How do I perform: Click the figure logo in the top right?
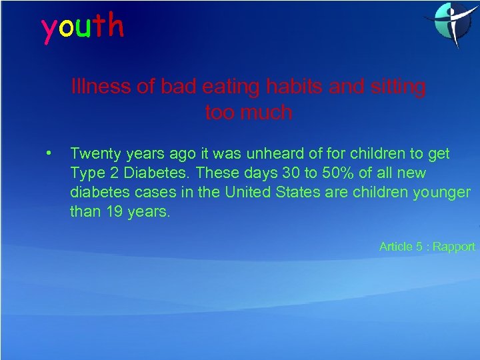point(450,25)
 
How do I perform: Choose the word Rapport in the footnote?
point(453,247)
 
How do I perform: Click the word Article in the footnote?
point(396,247)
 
